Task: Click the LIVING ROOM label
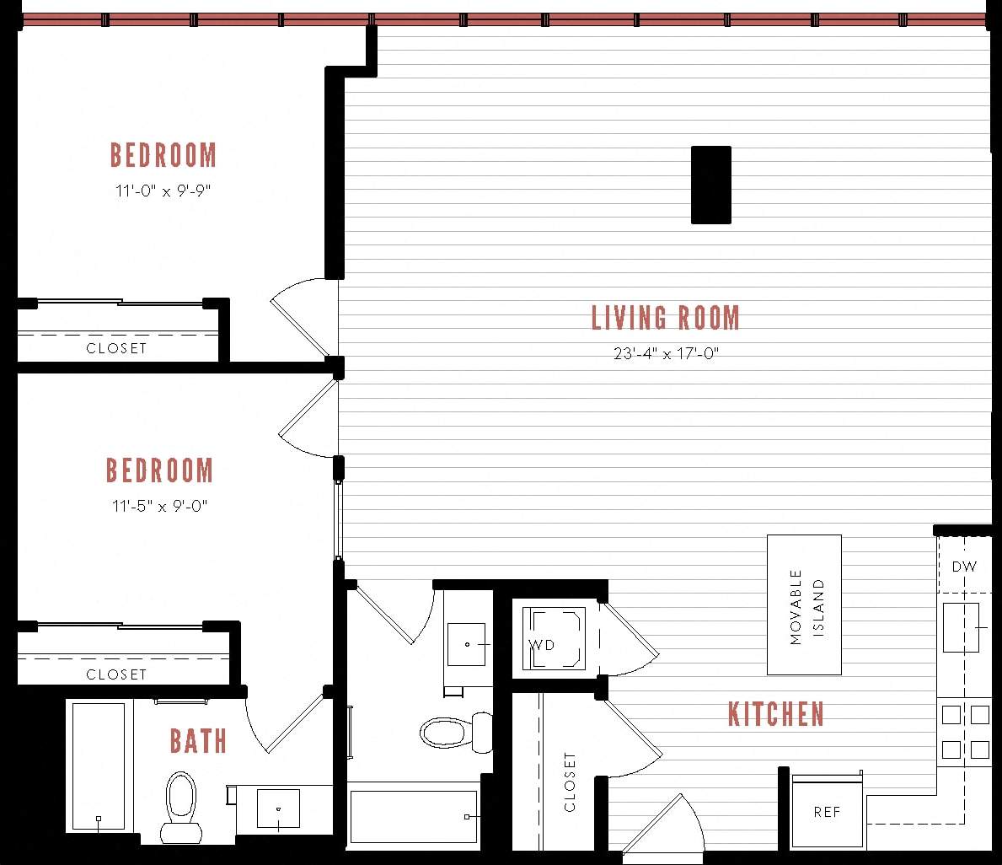(665, 318)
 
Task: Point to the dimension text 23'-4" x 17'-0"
(665, 354)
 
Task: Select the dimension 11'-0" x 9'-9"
(163, 191)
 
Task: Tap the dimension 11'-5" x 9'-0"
(159, 507)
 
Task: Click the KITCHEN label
(775, 714)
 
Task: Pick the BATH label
(198, 741)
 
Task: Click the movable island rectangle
(804, 604)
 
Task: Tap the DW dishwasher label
(964, 567)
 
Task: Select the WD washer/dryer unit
(554, 638)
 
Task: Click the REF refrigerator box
(826, 812)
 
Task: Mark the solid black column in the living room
(710, 185)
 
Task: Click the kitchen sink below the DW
(961, 627)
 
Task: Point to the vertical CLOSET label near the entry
(570, 782)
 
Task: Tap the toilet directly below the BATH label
(180, 806)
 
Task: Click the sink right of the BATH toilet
(278, 808)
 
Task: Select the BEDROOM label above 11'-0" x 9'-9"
(163, 155)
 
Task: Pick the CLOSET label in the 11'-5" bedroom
(116, 674)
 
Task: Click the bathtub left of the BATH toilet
(99, 766)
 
